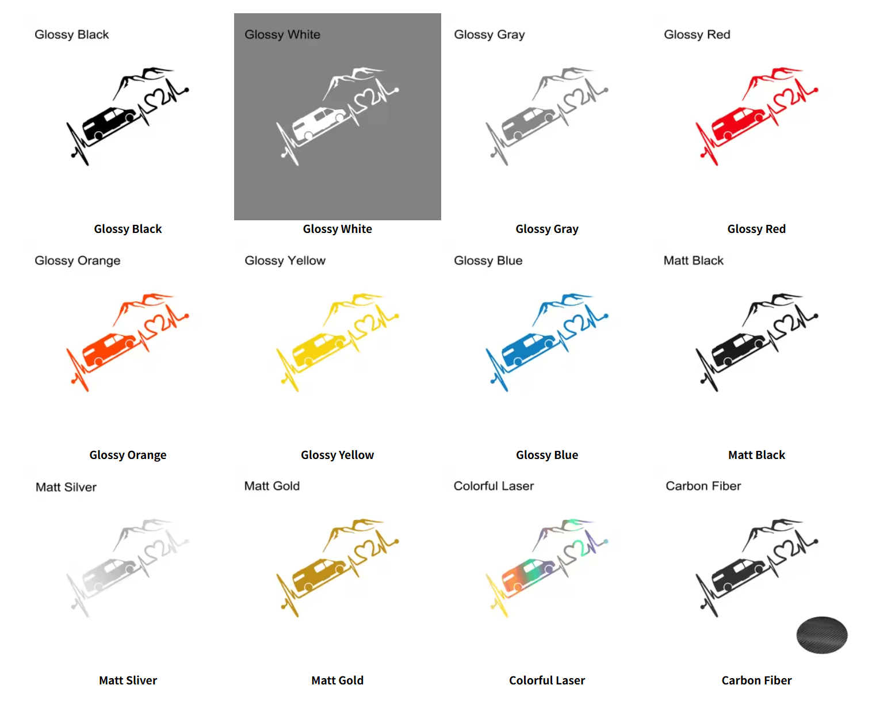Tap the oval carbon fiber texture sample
[x=822, y=635]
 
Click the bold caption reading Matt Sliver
[x=128, y=680]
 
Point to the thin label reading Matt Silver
[x=66, y=487]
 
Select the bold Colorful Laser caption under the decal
[x=547, y=680]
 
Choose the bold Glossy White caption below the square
[x=338, y=229]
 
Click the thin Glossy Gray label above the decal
[x=490, y=35]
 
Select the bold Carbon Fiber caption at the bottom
[x=756, y=680]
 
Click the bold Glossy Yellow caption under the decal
[x=338, y=455]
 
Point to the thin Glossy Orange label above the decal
[x=78, y=261]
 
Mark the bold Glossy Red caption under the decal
[x=756, y=229]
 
